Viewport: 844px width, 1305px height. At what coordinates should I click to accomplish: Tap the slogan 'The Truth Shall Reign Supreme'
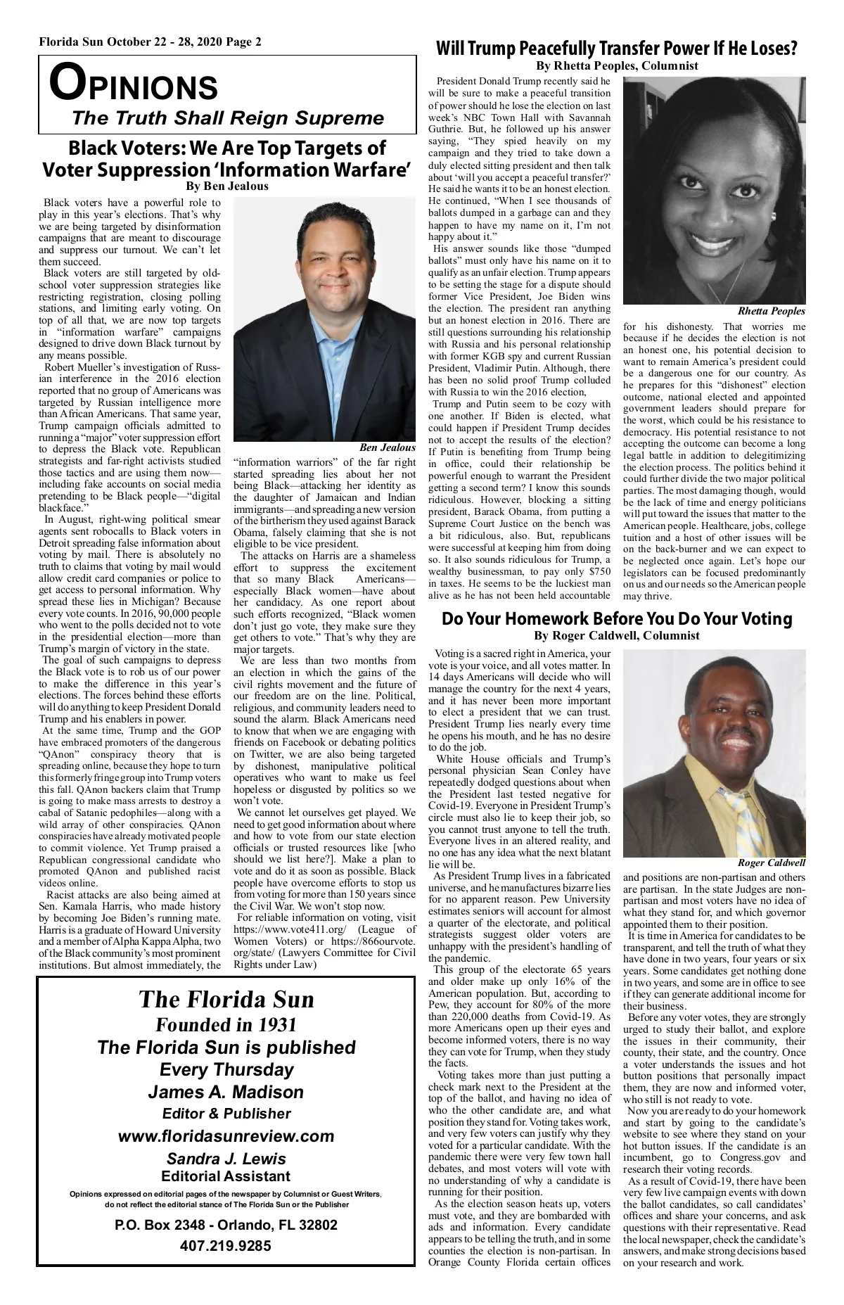(x=228, y=117)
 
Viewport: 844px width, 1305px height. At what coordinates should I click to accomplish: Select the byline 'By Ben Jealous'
(x=226, y=186)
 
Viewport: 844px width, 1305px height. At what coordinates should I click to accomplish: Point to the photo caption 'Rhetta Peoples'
(x=772, y=311)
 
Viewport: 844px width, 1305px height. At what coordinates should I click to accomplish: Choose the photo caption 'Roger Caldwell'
(x=772, y=862)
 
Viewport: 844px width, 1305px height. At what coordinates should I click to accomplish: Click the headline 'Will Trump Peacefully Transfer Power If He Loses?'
(x=616, y=49)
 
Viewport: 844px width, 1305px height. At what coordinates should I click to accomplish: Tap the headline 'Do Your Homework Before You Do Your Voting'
(x=616, y=619)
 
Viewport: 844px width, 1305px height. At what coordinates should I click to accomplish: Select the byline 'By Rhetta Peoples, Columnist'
(x=616, y=66)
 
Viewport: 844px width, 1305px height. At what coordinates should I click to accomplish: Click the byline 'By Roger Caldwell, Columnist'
(x=616, y=636)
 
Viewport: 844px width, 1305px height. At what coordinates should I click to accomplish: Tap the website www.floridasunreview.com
(x=226, y=1136)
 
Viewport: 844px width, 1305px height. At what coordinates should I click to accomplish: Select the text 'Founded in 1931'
(x=226, y=1024)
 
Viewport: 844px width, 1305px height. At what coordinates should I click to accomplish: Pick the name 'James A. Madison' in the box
(x=226, y=1092)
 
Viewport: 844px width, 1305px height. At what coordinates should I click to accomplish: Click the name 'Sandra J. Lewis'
(x=226, y=1159)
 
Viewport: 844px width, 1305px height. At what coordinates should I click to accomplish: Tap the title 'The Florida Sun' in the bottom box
(x=226, y=1000)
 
